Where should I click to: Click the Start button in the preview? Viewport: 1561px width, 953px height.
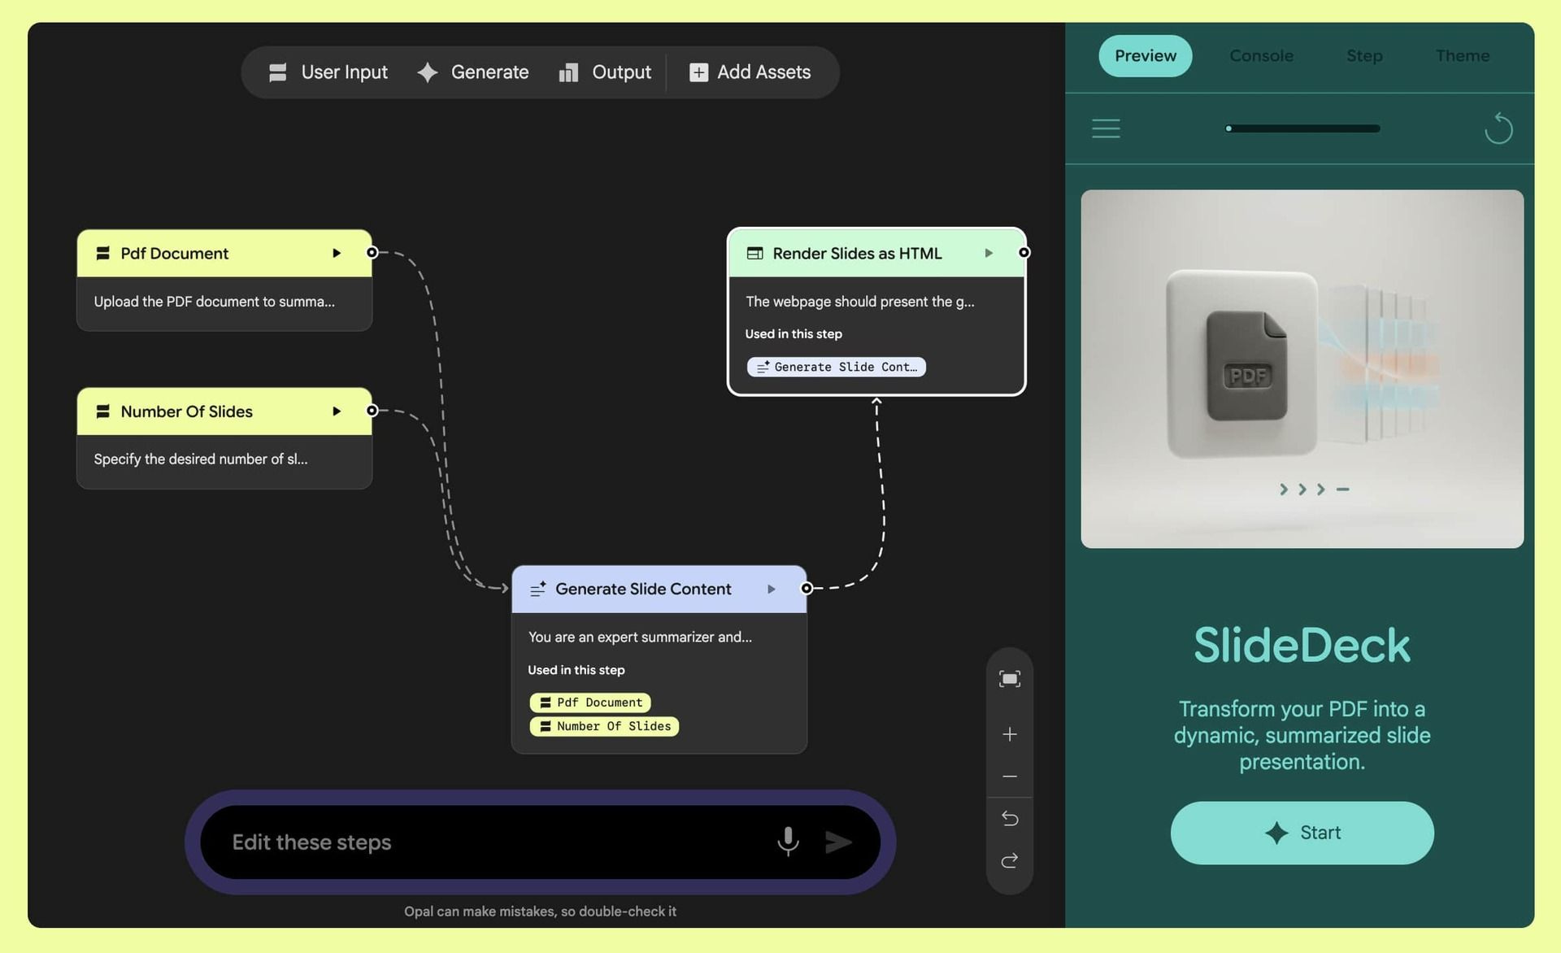pos(1302,833)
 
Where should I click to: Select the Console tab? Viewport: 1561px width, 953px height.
pos(1261,56)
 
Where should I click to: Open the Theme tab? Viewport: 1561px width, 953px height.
pos(1462,56)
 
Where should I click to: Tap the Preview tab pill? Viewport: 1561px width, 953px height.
pos(1145,56)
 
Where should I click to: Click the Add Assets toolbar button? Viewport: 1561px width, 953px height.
pos(750,72)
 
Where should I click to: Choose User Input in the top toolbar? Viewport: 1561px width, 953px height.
pos(328,72)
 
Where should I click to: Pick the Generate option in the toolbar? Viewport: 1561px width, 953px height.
pos(473,72)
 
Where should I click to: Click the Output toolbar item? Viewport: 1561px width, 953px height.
pos(605,72)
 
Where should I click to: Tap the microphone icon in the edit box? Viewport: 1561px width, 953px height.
pos(788,842)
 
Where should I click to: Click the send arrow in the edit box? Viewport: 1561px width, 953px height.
pos(838,842)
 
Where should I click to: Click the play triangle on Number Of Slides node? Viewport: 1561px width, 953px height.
pos(337,411)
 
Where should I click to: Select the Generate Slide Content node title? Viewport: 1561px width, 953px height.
pos(642,589)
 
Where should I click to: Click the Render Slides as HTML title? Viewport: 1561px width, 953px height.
pos(856,254)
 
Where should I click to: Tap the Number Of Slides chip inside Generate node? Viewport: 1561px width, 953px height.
pos(604,726)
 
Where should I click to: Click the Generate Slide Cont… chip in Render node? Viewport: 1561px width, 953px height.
pos(836,367)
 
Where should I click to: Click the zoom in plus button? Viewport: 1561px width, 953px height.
pos(1010,734)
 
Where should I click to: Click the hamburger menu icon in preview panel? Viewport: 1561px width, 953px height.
pos(1106,128)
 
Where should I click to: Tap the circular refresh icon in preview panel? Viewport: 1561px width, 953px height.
pos(1498,128)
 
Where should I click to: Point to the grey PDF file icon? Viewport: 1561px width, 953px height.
pos(1246,366)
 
